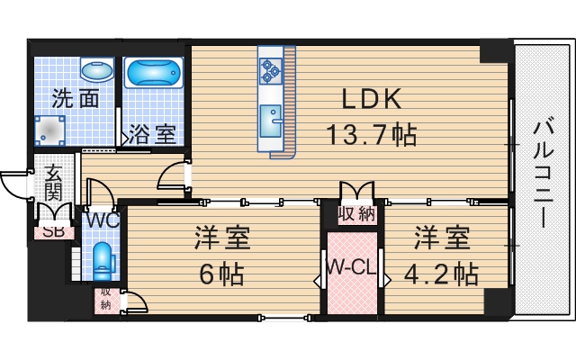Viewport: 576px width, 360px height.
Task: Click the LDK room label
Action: coord(369,98)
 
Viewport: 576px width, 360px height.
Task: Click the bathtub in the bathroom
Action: coord(153,73)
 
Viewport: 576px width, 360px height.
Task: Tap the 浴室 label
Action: coord(151,135)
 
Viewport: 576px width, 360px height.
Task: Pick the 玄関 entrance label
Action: coord(53,184)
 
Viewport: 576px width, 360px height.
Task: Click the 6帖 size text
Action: coord(221,273)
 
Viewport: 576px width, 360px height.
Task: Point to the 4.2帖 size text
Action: coord(441,273)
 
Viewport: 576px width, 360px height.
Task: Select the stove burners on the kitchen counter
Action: coord(271,68)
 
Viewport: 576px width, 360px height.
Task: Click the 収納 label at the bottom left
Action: coord(106,299)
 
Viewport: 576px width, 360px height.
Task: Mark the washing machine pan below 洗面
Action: coord(51,130)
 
